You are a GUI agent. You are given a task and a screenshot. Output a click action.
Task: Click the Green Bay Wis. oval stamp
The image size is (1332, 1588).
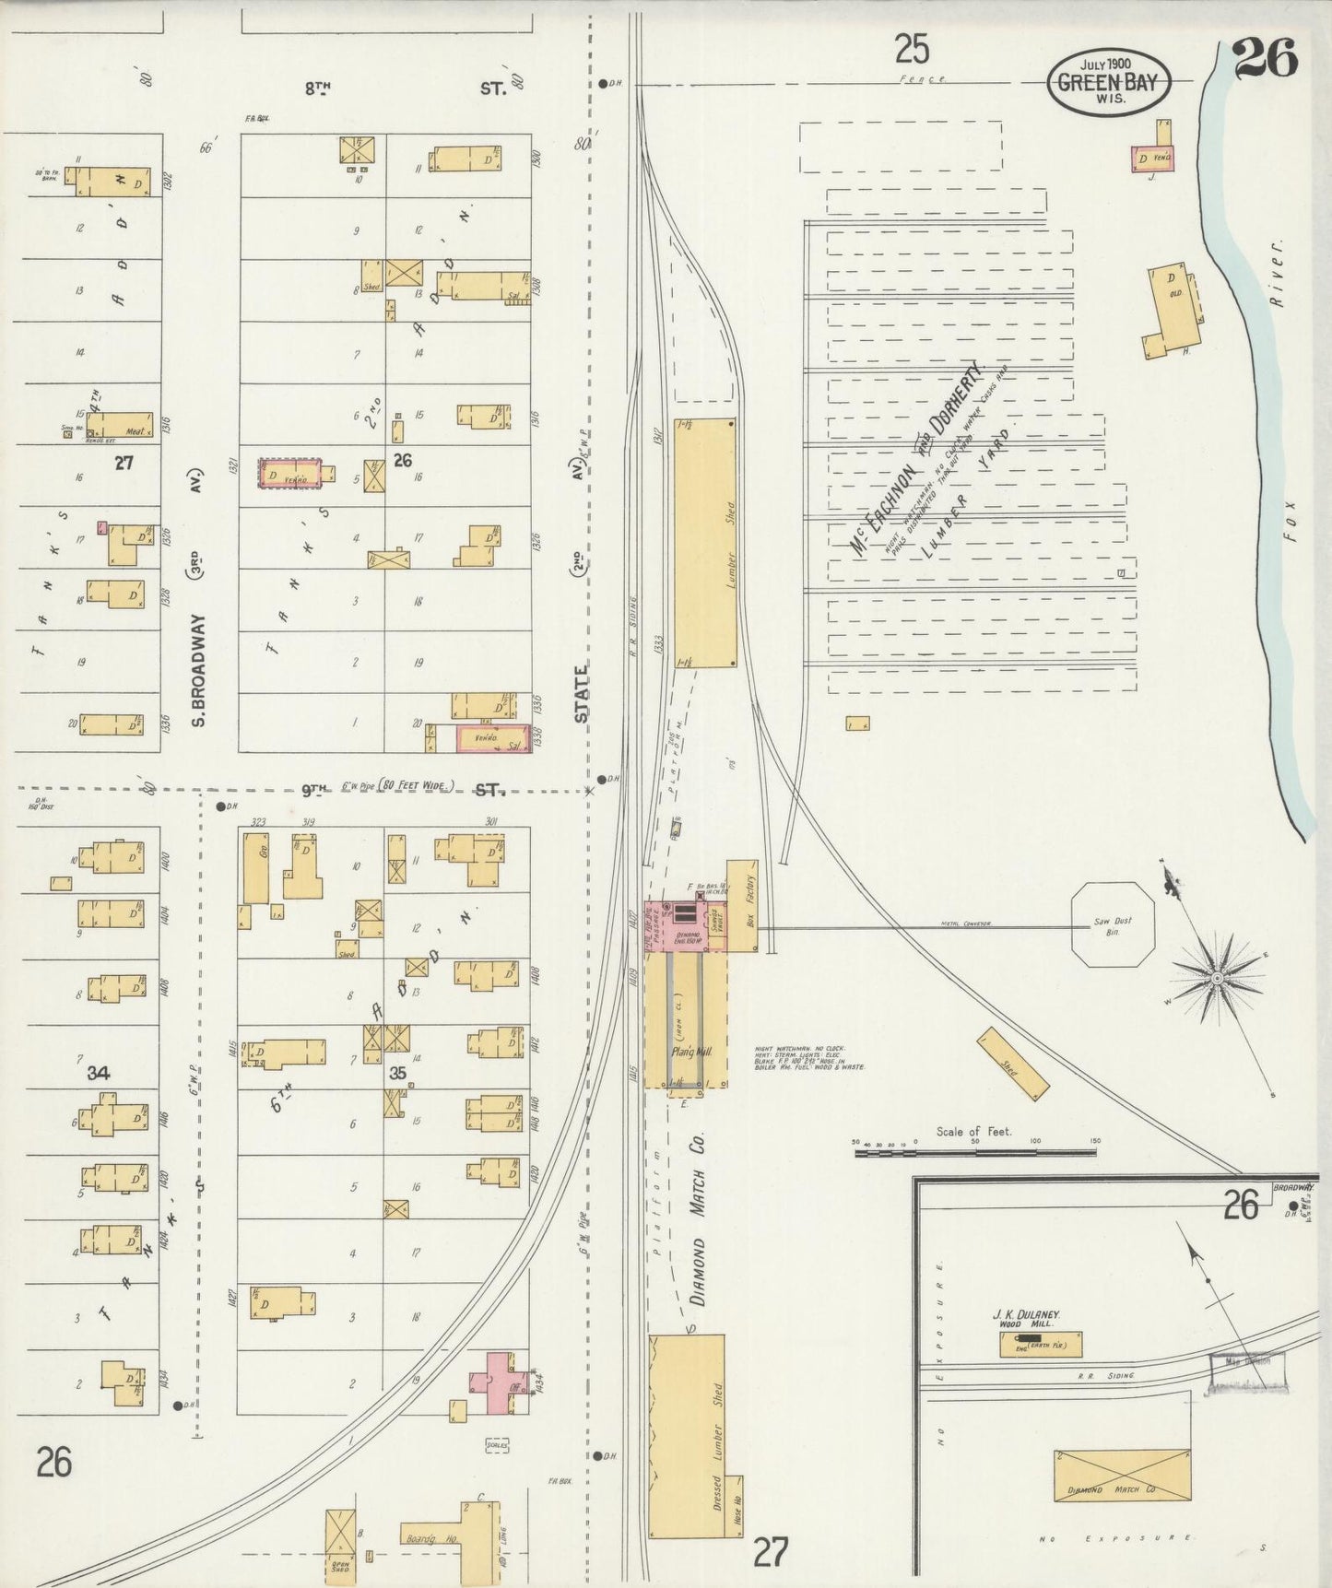(1108, 81)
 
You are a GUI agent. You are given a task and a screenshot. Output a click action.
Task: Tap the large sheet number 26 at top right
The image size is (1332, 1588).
(1265, 57)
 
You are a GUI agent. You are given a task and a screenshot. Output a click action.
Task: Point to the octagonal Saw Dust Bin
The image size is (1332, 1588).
(1113, 924)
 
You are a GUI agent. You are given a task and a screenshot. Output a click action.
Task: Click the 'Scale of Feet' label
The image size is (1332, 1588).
(973, 1131)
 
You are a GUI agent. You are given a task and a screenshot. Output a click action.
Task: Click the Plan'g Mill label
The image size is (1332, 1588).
(685, 1052)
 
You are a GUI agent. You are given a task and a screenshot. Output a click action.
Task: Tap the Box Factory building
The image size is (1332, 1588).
(742, 905)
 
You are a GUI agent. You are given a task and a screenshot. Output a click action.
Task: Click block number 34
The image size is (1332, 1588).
(99, 1073)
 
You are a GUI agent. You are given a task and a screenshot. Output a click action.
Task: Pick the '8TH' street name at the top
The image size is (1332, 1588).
(317, 88)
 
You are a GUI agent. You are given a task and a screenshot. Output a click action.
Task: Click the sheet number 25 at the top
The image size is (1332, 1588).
(912, 48)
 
